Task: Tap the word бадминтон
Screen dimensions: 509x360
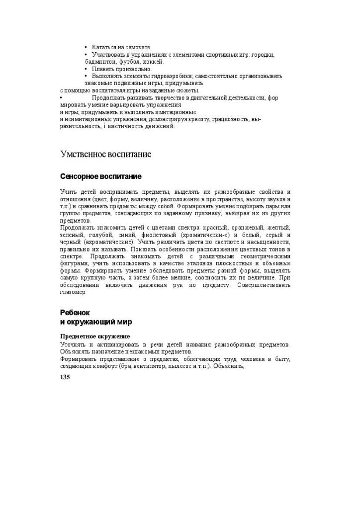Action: point(100,62)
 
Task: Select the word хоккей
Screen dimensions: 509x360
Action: point(153,62)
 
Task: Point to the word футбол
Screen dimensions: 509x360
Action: point(129,62)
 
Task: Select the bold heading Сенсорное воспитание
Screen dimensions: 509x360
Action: point(100,176)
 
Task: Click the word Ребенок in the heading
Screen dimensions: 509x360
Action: point(75,313)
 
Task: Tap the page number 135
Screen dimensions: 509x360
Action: point(65,377)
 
